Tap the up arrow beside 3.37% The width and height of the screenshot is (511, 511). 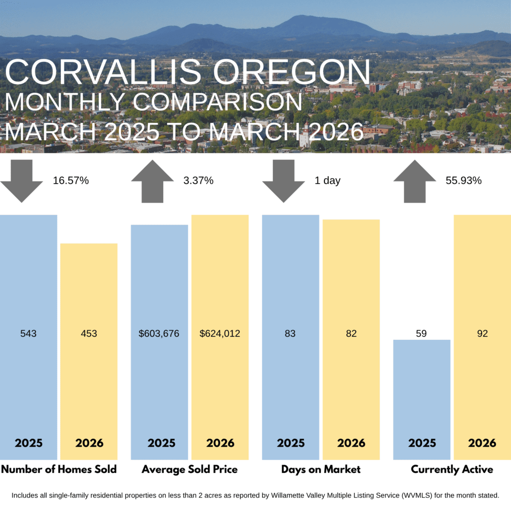click(x=152, y=181)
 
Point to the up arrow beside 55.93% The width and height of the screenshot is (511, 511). click(x=415, y=181)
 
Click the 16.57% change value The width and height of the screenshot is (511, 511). click(x=71, y=181)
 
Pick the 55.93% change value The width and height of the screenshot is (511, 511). click(x=464, y=181)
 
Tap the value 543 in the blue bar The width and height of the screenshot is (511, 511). click(x=28, y=333)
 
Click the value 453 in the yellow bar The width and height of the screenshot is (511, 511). click(x=89, y=333)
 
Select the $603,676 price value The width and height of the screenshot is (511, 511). click(x=159, y=333)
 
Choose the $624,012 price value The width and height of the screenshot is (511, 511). click(x=220, y=333)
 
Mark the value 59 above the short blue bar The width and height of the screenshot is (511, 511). click(x=421, y=333)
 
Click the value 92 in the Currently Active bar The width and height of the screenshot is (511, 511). click(x=482, y=333)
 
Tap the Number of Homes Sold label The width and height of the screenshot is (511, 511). click(x=59, y=470)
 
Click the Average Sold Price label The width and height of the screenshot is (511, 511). click(x=190, y=470)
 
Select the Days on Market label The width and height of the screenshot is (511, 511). click(x=321, y=470)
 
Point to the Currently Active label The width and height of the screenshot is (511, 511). click(x=452, y=470)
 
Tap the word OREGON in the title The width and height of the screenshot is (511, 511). click(x=292, y=72)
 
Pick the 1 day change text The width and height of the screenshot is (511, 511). click(x=327, y=181)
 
